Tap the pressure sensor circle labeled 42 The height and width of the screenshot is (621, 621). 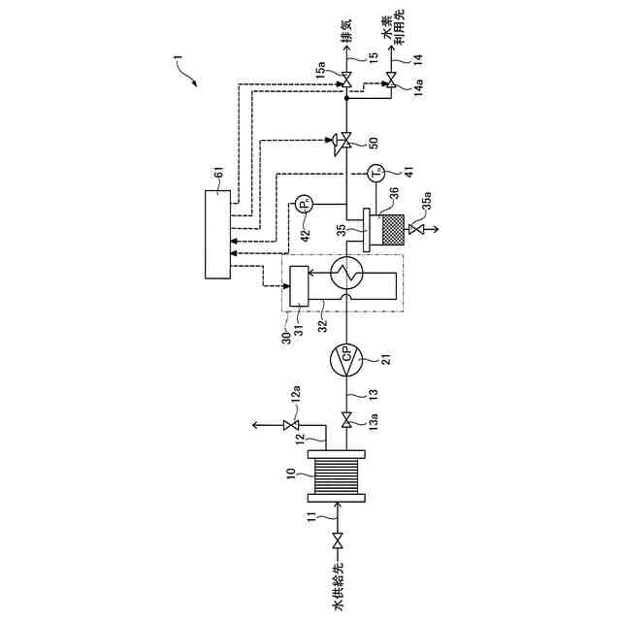304,206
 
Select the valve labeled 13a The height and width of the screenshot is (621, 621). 347,420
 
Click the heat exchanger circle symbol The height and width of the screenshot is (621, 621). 347,276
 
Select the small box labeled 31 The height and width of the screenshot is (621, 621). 297,284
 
